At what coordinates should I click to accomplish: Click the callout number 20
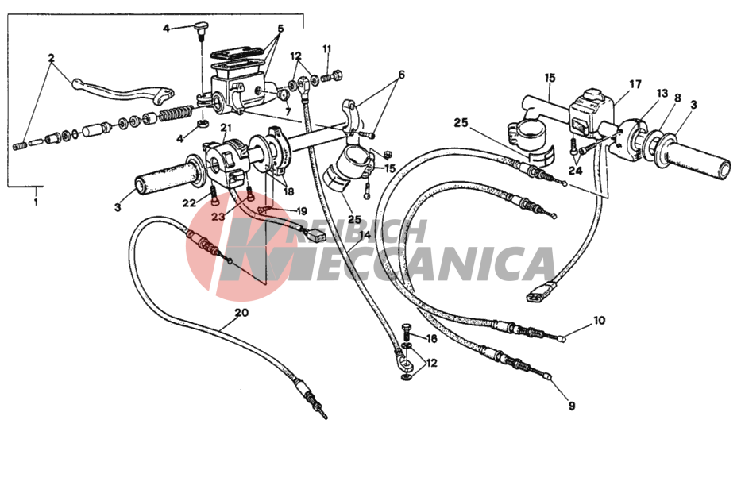241,313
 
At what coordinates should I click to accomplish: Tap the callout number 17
635,84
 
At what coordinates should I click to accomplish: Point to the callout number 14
365,235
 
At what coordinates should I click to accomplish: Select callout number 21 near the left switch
226,128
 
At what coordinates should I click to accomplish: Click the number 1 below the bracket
36,202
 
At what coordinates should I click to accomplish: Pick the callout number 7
288,113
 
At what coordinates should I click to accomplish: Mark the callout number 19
302,211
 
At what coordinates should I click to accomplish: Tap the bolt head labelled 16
407,327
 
